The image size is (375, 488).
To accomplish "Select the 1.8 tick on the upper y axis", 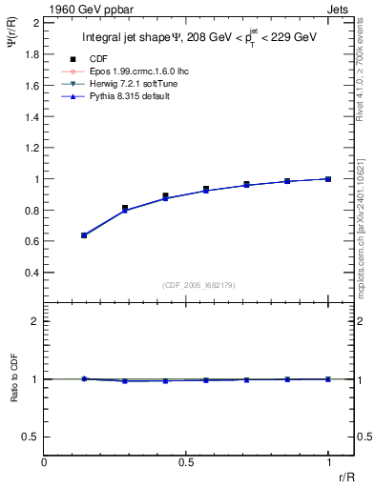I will click(31, 54).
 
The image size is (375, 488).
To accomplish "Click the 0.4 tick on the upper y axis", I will click(31, 273).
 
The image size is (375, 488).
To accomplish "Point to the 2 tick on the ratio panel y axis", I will click(35, 321).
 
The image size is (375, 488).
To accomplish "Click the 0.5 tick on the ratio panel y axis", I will click(31, 437).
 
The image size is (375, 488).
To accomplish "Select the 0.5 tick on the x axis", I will click(186, 460).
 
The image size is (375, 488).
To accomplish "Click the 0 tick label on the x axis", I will click(45, 460).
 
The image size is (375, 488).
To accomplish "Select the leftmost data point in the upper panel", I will click(84, 234).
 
